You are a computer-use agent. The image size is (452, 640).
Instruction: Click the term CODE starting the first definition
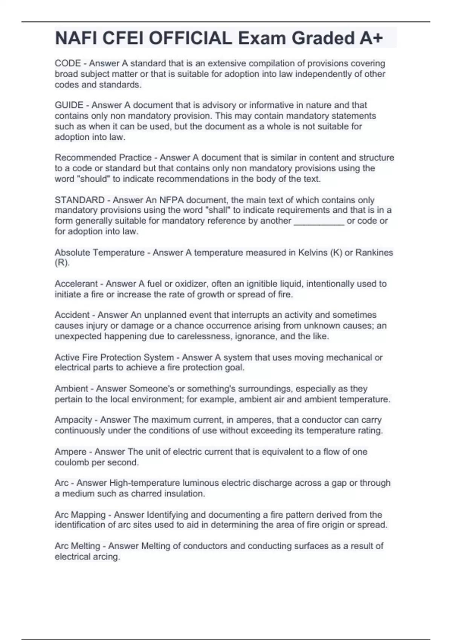tap(68, 63)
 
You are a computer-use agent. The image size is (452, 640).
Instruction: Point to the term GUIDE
tap(69, 105)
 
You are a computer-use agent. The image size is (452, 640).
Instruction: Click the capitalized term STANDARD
tap(79, 200)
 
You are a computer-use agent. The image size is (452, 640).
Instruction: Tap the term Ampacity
tap(73, 420)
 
